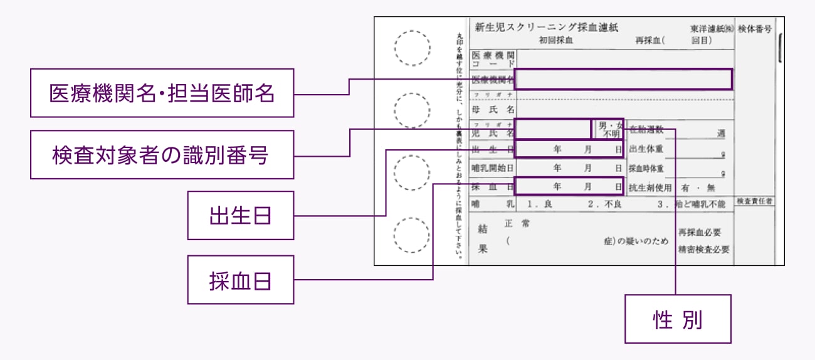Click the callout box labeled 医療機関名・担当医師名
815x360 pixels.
[162, 93]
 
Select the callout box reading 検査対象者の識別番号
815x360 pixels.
[162, 155]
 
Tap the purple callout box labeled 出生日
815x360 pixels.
[240, 215]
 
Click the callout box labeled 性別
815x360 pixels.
[677, 320]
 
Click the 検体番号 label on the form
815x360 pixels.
[755, 29]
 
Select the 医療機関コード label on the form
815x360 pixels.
[493, 60]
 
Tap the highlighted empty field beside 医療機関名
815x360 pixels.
[623, 79]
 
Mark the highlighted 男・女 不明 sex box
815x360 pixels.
[608, 129]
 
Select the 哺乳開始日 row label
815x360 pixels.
[493, 168]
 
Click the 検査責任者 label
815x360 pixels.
[755, 202]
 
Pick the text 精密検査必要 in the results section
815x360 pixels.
[703, 249]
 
